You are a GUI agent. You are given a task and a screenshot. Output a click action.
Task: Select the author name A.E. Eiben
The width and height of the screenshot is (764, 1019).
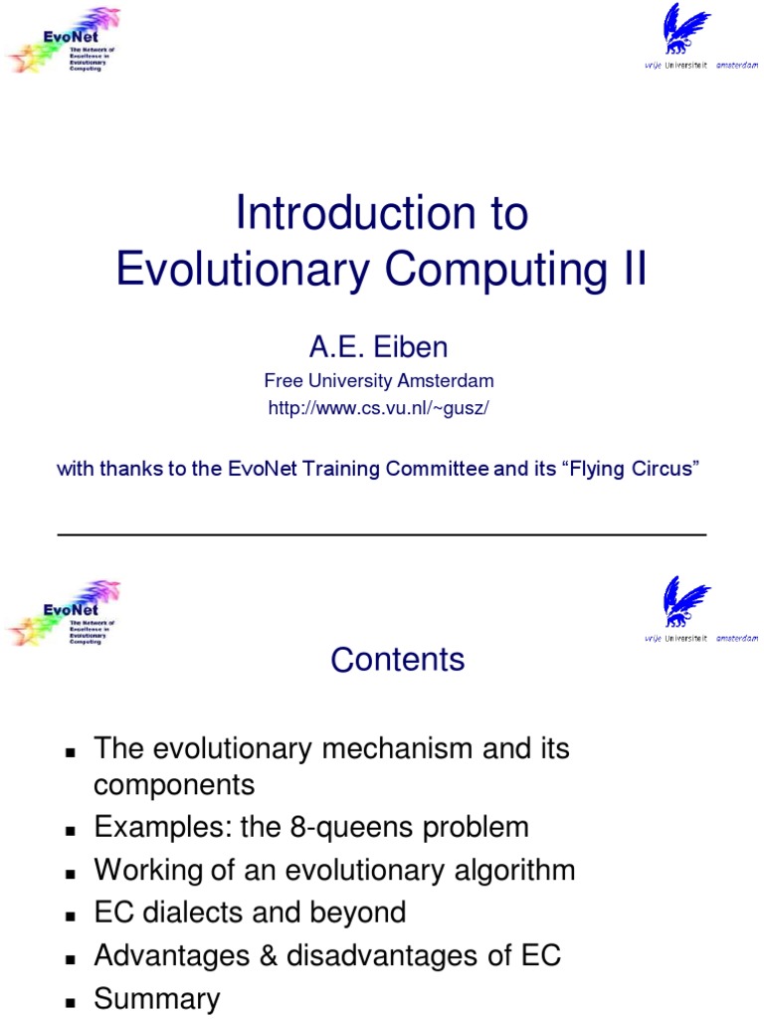(x=378, y=347)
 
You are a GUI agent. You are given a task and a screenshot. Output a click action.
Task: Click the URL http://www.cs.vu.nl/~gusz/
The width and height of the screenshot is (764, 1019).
(x=378, y=409)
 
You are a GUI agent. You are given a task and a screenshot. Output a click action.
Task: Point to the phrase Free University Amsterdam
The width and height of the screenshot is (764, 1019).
(x=378, y=380)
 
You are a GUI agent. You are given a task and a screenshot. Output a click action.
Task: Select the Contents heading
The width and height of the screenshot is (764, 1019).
(x=397, y=659)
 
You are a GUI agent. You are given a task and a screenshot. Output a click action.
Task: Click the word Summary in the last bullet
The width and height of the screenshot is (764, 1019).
(x=156, y=998)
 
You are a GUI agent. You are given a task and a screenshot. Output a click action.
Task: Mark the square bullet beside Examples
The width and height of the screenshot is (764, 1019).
(x=71, y=829)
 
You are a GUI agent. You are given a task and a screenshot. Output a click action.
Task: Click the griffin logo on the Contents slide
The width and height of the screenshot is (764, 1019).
(x=687, y=602)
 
